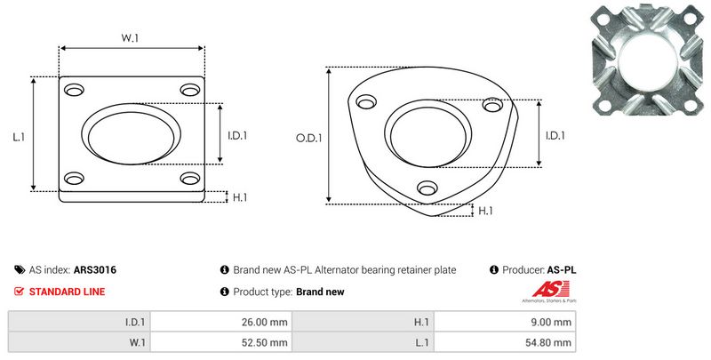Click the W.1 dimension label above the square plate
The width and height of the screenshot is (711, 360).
(130, 38)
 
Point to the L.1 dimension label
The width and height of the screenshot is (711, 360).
(19, 137)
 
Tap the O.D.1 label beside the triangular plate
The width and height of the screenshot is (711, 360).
(308, 138)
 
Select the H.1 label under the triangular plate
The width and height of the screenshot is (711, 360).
(485, 211)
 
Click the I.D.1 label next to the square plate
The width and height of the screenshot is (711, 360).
(237, 136)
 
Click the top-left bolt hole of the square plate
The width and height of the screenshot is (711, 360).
(74, 90)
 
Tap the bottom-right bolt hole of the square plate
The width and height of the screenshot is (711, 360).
(190, 178)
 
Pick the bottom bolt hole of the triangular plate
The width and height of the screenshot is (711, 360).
(427, 188)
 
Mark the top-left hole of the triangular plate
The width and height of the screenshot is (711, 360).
(366, 102)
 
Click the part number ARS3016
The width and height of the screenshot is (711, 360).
(95, 270)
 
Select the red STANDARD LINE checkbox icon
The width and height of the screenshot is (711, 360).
(19, 292)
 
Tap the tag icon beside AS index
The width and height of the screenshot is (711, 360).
(20, 270)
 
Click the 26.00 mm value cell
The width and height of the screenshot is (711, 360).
(221, 322)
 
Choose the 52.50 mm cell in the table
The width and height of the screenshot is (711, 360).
(221, 342)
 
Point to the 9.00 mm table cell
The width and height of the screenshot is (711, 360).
(505, 322)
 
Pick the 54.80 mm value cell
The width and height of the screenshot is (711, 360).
(505, 342)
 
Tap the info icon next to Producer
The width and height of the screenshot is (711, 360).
(494, 270)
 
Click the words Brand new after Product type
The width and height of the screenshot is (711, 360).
(320, 292)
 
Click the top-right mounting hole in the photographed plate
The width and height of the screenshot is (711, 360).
(690, 19)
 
